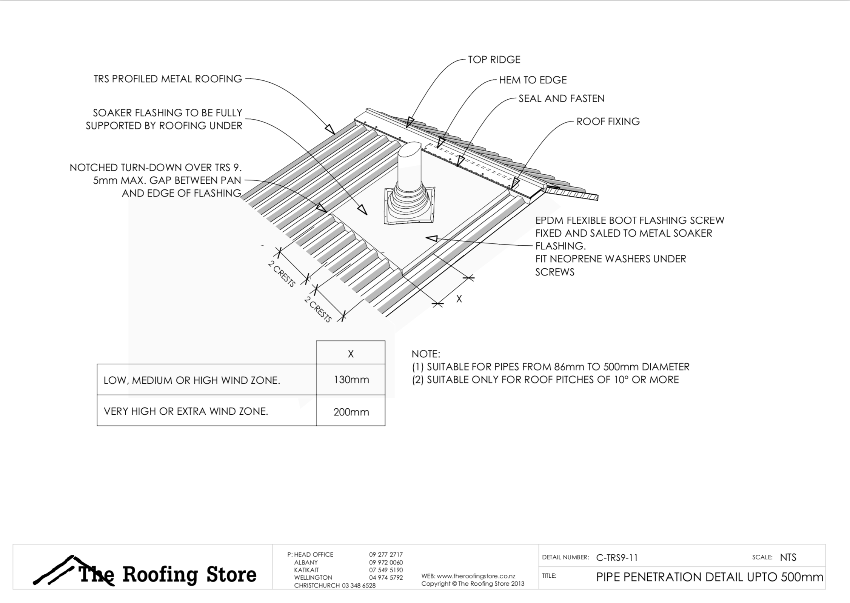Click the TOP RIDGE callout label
494,60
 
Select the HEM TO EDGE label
533,80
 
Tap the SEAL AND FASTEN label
561,98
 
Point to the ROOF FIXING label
608,122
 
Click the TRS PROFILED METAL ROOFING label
168,79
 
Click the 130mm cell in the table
351,380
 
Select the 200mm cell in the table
351,412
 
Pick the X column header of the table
351,354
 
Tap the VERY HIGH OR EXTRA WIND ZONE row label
186,411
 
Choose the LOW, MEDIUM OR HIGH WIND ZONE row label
192,380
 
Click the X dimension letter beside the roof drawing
459,299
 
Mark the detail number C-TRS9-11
617,557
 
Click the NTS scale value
788,557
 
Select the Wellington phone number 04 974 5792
386,577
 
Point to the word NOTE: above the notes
425,354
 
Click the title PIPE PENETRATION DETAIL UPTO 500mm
710,577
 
